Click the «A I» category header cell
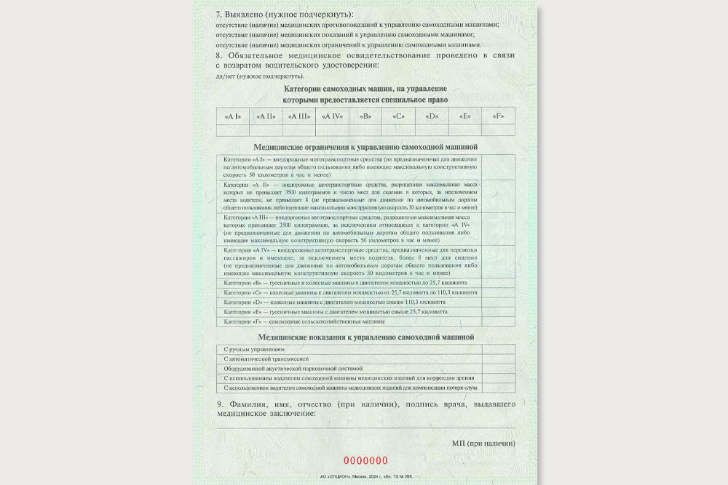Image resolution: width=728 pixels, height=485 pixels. click(233, 116)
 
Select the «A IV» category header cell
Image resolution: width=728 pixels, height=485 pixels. click(332, 116)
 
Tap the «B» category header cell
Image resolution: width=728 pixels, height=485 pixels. click(365, 116)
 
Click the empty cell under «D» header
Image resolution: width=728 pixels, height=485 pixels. click(432, 130)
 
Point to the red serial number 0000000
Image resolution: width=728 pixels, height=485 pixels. click(365, 460)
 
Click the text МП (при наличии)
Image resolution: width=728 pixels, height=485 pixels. click(483, 443)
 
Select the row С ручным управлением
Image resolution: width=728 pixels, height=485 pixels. click(349, 350)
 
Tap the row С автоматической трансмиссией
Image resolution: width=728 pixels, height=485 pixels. click(349, 359)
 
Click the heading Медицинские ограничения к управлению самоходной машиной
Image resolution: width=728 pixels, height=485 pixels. click(365, 147)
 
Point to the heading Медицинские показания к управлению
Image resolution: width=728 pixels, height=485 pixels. click(365, 337)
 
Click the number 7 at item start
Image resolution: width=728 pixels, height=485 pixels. click(219, 14)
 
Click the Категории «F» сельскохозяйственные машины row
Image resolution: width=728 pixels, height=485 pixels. click(349, 321)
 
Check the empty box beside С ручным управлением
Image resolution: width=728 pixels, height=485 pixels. click(498, 350)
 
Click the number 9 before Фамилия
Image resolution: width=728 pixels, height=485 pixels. click(220, 404)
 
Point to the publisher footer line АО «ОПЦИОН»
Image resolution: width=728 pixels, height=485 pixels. click(366, 477)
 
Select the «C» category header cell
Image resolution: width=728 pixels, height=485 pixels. click(398, 116)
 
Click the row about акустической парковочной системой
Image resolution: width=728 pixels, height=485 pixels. click(349, 369)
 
